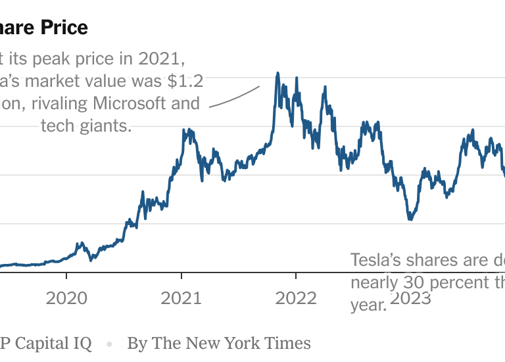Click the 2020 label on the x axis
(66, 298)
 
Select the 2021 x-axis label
(181, 298)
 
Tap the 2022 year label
(296, 298)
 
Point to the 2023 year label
(410, 298)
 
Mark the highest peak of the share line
(277, 73)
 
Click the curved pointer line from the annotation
(234, 97)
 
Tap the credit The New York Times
(232, 343)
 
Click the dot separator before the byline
(110, 344)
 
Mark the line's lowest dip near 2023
(410, 219)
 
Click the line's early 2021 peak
(189, 130)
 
